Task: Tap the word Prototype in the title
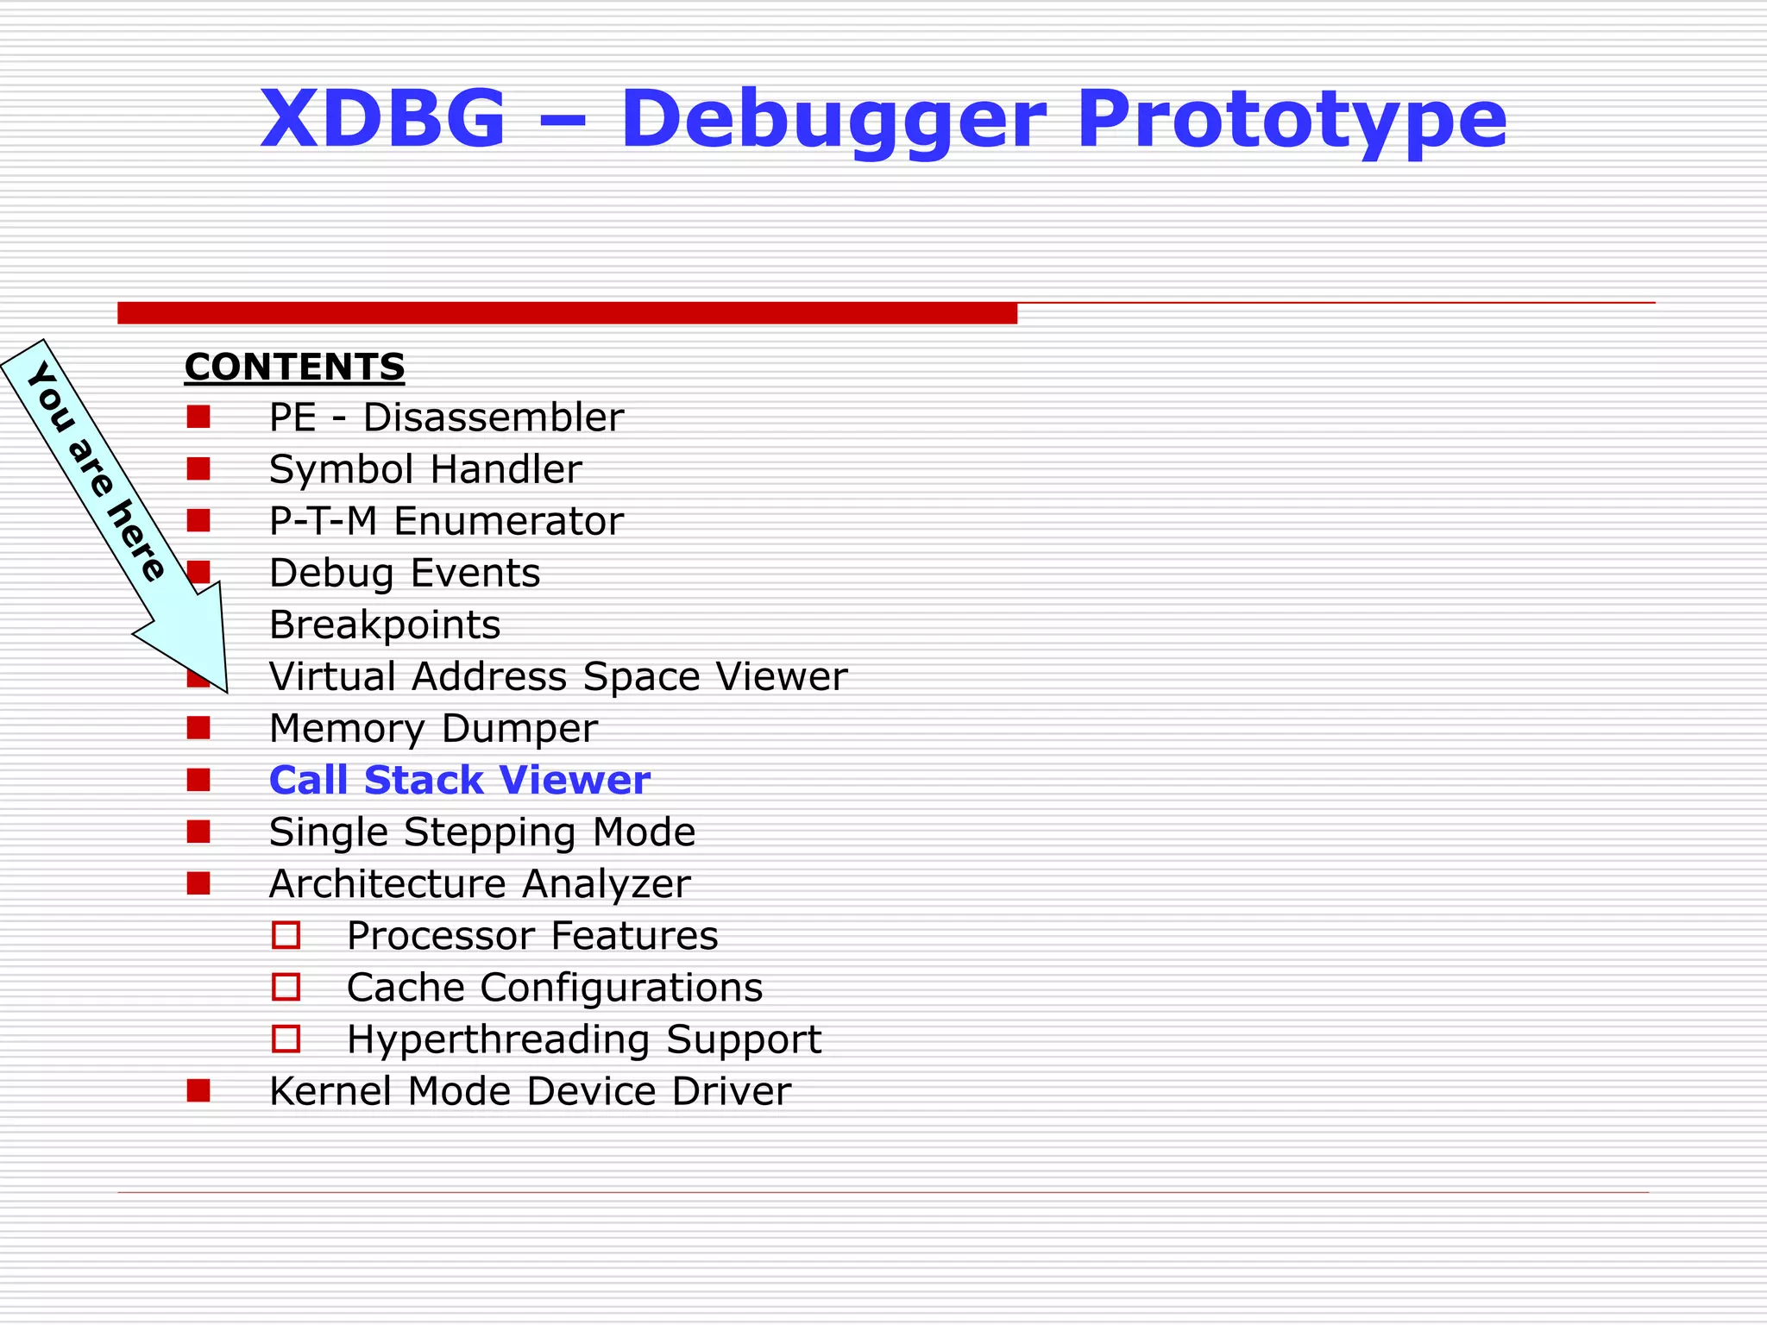point(1292,121)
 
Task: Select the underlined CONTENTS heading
point(294,367)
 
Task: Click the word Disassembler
point(493,418)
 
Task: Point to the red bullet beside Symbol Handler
point(198,469)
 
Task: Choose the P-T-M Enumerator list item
point(445,522)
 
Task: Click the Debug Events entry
point(404,574)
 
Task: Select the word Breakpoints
point(384,625)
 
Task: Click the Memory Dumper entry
point(432,729)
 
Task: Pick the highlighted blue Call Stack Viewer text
point(459,781)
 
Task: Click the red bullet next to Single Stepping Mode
point(198,832)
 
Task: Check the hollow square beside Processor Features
point(286,935)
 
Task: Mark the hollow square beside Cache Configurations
point(286,987)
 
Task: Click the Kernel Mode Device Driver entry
point(529,1091)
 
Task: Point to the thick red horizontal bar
point(567,313)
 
